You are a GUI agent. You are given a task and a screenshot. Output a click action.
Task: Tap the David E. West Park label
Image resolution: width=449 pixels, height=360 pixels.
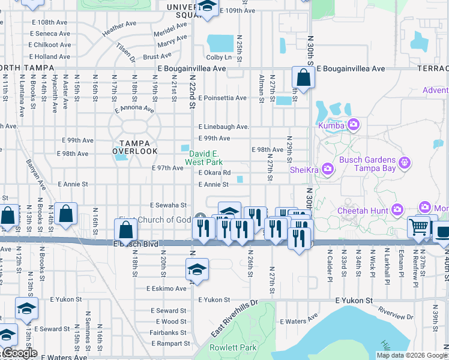(203, 158)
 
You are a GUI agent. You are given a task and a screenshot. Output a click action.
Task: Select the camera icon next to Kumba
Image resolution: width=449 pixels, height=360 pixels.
(353, 125)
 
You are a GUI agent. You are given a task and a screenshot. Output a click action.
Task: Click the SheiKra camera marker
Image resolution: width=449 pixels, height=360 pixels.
(328, 170)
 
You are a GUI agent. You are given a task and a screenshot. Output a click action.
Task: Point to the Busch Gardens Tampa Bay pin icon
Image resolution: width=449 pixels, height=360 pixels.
(405, 162)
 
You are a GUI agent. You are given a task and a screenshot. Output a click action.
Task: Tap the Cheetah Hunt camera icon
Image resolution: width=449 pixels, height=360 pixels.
(397, 209)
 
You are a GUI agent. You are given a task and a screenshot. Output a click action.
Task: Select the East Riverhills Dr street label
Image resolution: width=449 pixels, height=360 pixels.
(234, 319)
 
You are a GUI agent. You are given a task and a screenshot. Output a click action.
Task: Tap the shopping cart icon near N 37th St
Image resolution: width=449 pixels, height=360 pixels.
(418, 227)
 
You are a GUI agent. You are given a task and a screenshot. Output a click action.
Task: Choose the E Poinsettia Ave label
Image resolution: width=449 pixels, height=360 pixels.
(223, 98)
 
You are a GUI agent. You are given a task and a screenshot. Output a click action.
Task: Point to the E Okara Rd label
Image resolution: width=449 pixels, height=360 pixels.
(214, 173)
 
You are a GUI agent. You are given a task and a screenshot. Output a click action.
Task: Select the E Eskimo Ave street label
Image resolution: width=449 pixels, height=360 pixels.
(166, 289)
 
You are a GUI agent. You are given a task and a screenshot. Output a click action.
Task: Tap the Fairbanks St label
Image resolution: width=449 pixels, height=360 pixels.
(164, 332)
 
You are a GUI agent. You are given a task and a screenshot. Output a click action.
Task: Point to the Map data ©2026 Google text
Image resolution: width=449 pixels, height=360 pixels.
(412, 355)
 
